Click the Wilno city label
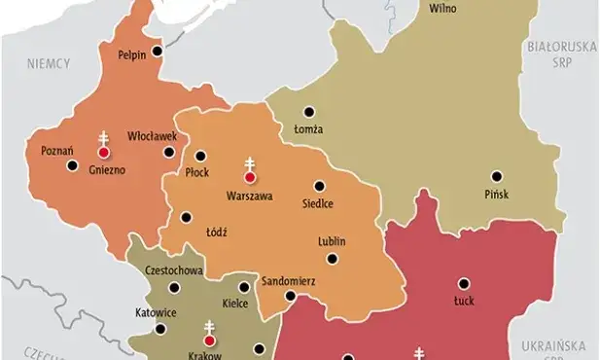(x=442, y=8)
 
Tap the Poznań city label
(x=45, y=151)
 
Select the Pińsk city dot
(x=496, y=176)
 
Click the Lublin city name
(x=332, y=240)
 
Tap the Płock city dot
(x=202, y=155)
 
